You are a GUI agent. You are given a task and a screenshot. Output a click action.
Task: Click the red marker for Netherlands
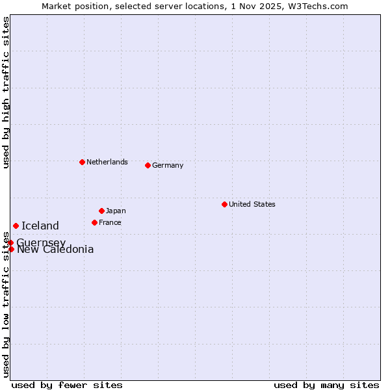click(82, 162)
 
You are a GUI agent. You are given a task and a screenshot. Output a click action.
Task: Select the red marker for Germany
click(148, 165)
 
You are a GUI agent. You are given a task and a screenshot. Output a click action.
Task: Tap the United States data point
click(224, 204)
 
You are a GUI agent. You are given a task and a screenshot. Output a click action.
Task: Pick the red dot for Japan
click(101, 211)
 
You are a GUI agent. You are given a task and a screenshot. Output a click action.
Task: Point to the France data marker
click(94, 222)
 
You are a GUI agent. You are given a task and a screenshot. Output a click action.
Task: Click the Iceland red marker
click(16, 226)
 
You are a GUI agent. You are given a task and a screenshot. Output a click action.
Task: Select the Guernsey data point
click(10, 242)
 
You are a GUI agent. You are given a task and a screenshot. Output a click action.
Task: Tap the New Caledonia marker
click(11, 249)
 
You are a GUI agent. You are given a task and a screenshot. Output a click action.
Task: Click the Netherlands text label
click(107, 162)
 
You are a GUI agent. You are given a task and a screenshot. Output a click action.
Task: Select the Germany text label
click(168, 165)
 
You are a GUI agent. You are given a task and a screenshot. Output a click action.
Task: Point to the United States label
click(252, 204)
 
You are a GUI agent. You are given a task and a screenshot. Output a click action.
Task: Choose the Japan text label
click(116, 211)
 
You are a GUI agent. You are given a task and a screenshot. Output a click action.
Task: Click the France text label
click(110, 222)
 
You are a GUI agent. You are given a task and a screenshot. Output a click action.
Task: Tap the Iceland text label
click(40, 226)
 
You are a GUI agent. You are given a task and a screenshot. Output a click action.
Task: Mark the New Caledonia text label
click(55, 250)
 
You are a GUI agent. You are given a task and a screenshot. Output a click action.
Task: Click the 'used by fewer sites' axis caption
click(67, 385)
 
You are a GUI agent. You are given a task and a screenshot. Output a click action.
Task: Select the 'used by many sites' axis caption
click(326, 385)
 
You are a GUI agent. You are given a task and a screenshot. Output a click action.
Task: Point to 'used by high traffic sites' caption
click(6, 92)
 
